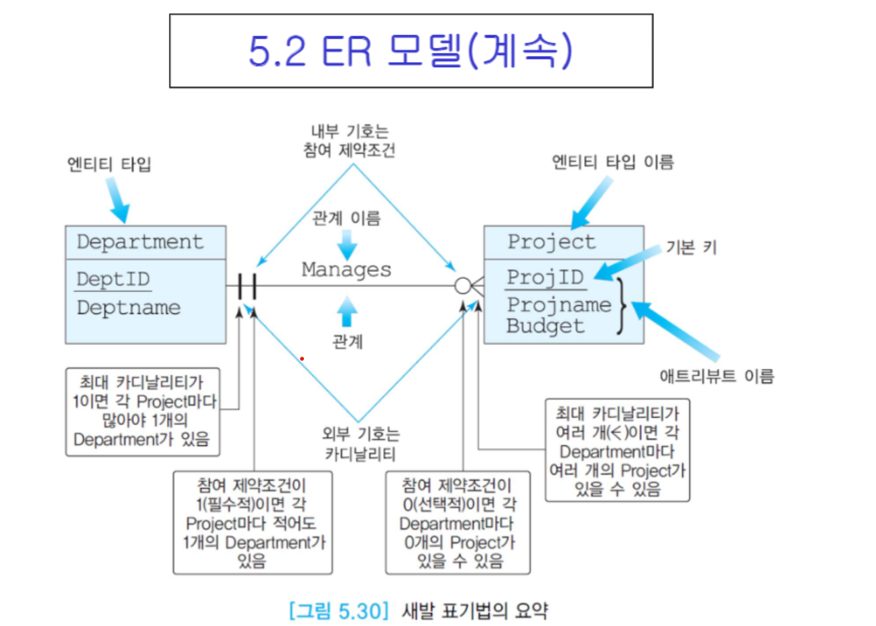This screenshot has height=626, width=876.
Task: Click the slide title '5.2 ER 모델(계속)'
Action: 410,51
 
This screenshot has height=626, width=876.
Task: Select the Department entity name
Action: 139,242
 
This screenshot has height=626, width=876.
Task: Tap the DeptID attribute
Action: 113,279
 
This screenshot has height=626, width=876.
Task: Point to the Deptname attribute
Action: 129,307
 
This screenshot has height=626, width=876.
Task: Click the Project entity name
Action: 551,242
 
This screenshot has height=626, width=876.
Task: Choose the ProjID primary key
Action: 545,277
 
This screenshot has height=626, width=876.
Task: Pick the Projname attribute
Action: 559,305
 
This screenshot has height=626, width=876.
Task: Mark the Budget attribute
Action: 545,326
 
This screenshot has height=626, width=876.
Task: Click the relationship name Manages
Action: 346,269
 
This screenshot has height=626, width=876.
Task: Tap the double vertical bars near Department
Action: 247,286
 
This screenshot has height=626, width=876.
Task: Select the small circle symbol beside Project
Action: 462,286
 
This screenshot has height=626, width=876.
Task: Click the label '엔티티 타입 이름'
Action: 613,162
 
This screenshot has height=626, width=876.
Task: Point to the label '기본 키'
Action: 691,248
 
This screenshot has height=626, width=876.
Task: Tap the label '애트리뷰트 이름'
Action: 716,376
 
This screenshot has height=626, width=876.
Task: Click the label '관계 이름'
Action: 346,218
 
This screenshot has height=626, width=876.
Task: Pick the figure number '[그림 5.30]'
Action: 338,610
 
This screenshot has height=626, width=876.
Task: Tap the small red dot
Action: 302,358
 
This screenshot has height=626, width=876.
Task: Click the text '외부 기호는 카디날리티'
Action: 360,443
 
